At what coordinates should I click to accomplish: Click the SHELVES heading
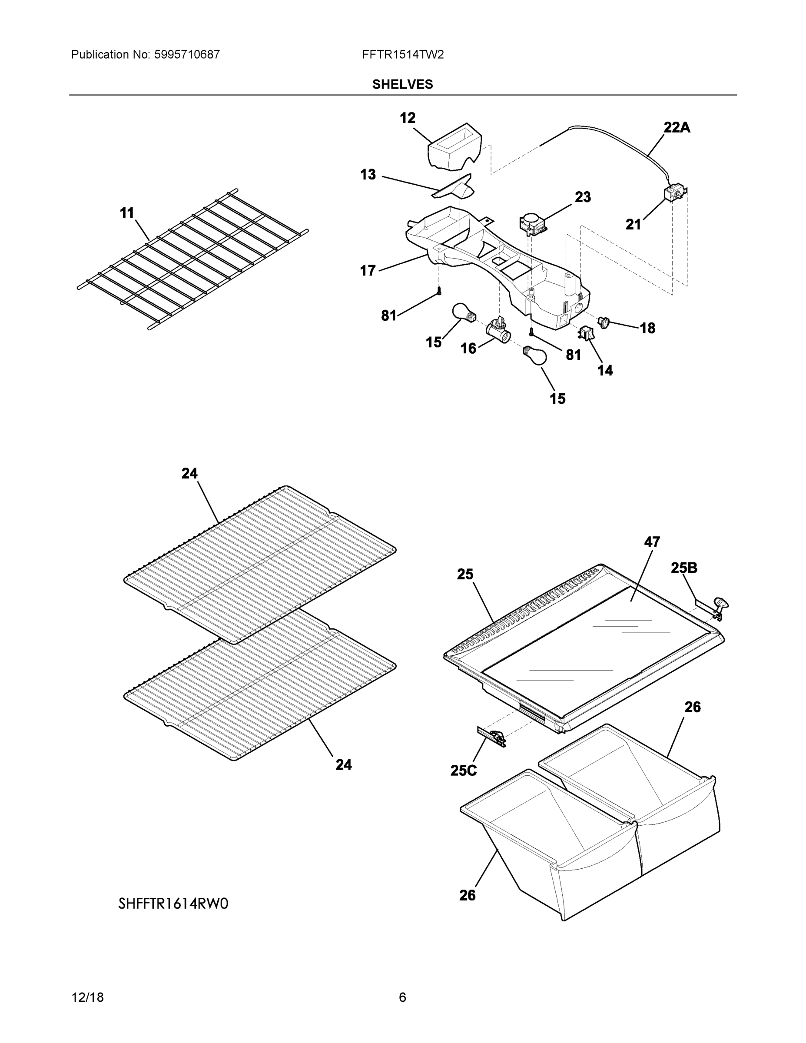pyautogui.click(x=402, y=85)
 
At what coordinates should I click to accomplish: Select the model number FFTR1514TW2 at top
pyautogui.click(x=402, y=55)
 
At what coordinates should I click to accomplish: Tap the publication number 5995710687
pyautogui.click(x=187, y=55)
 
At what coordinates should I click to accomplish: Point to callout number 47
pyautogui.click(x=652, y=542)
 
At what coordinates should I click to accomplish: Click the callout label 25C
pyautogui.click(x=463, y=771)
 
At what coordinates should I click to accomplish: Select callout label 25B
pyautogui.click(x=684, y=568)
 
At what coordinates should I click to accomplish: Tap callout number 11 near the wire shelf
pyautogui.click(x=127, y=213)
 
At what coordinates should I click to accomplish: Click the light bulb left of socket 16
pyautogui.click(x=463, y=313)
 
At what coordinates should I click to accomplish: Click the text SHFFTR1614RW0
pyautogui.click(x=173, y=903)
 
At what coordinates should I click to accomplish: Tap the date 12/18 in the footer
pyautogui.click(x=87, y=998)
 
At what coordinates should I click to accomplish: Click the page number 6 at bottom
pyautogui.click(x=402, y=998)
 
